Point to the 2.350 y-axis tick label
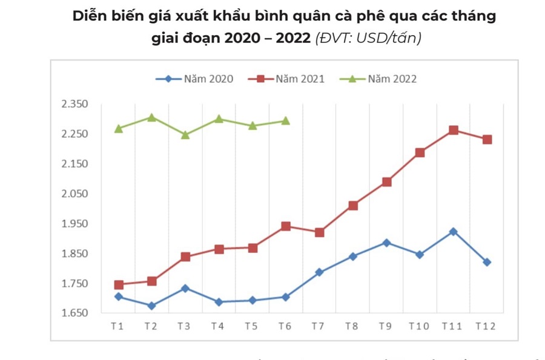[x=75, y=104]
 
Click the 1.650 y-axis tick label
[x=75, y=313]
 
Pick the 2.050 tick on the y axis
[x=75, y=194]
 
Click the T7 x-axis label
[x=318, y=326]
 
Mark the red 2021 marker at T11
[x=454, y=130]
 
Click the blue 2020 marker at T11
[x=454, y=232]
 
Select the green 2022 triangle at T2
[x=152, y=117]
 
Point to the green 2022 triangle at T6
[x=286, y=120]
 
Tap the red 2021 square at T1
[x=119, y=284]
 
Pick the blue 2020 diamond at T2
[x=152, y=306]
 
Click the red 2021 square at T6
[x=286, y=226]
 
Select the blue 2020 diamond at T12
[x=487, y=262]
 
